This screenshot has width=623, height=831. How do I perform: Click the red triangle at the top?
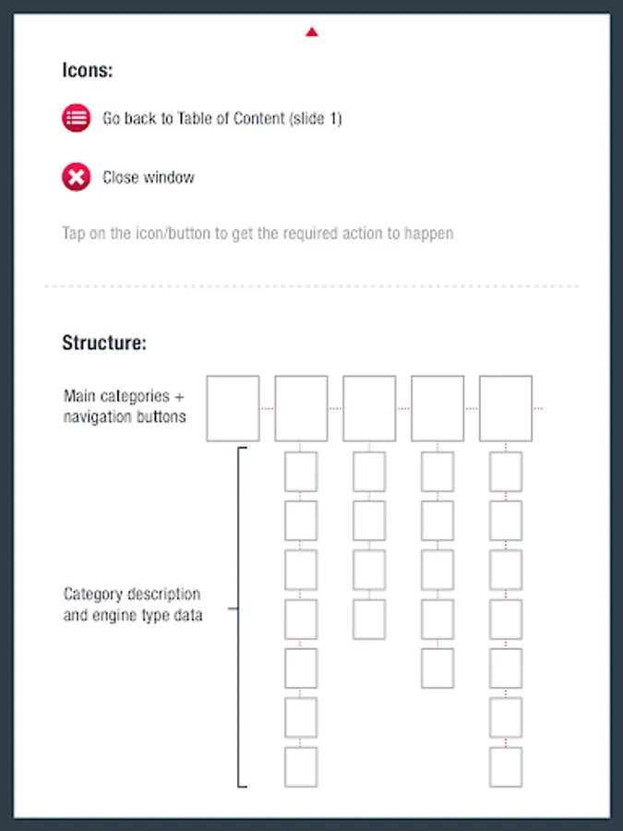[x=312, y=32]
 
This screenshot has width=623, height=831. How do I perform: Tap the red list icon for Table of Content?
[x=77, y=117]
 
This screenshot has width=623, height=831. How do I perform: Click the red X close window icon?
[x=77, y=177]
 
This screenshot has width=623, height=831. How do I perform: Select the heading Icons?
[x=88, y=70]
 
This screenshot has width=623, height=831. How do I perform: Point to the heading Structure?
[x=104, y=343]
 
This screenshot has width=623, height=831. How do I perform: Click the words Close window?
[x=149, y=177]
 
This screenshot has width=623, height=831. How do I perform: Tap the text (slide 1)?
[x=316, y=117]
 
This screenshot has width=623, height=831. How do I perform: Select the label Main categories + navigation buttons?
[x=125, y=406]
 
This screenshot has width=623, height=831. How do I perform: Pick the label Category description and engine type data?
[x=132, y=604]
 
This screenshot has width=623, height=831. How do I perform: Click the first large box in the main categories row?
[x=234, y=409]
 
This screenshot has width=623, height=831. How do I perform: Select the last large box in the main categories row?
[x=506, y=409]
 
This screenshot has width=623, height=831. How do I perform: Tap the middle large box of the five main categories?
[x=369, y=409]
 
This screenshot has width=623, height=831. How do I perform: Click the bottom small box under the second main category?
[x=301, y=767]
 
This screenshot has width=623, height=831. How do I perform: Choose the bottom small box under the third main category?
[x=369, y=619]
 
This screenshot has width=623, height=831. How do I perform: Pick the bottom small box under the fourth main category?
[x=437, y=668]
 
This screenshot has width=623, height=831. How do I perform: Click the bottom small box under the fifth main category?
[x=506, y=767]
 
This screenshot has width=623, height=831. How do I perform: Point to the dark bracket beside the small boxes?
[x=238, y=618]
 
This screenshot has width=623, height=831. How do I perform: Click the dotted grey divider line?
[x=312, y=286]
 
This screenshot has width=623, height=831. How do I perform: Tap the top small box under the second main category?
[x=301, y=472]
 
